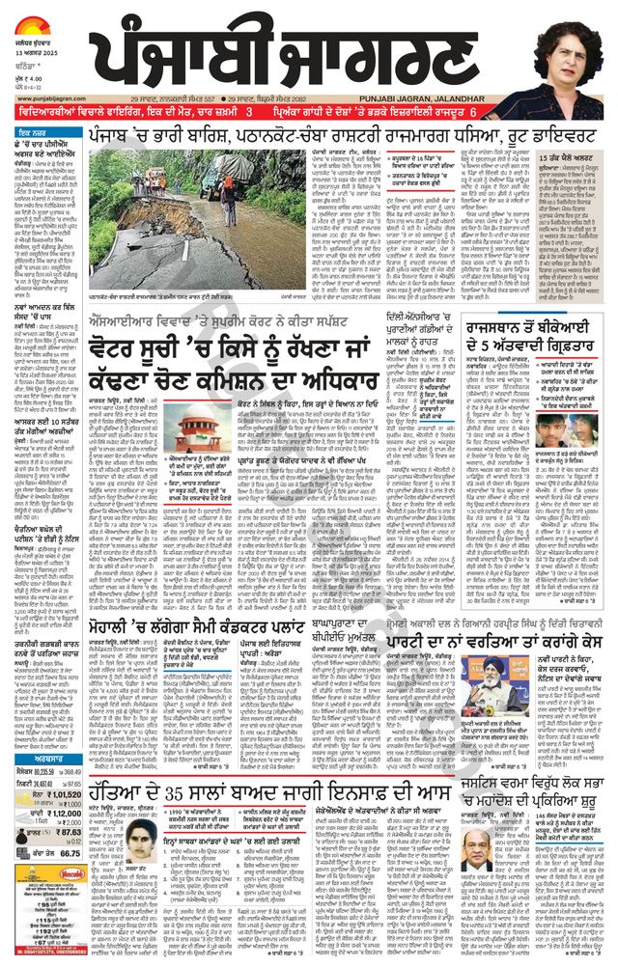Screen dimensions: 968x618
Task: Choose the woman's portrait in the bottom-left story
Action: click(x=141, y=837)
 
